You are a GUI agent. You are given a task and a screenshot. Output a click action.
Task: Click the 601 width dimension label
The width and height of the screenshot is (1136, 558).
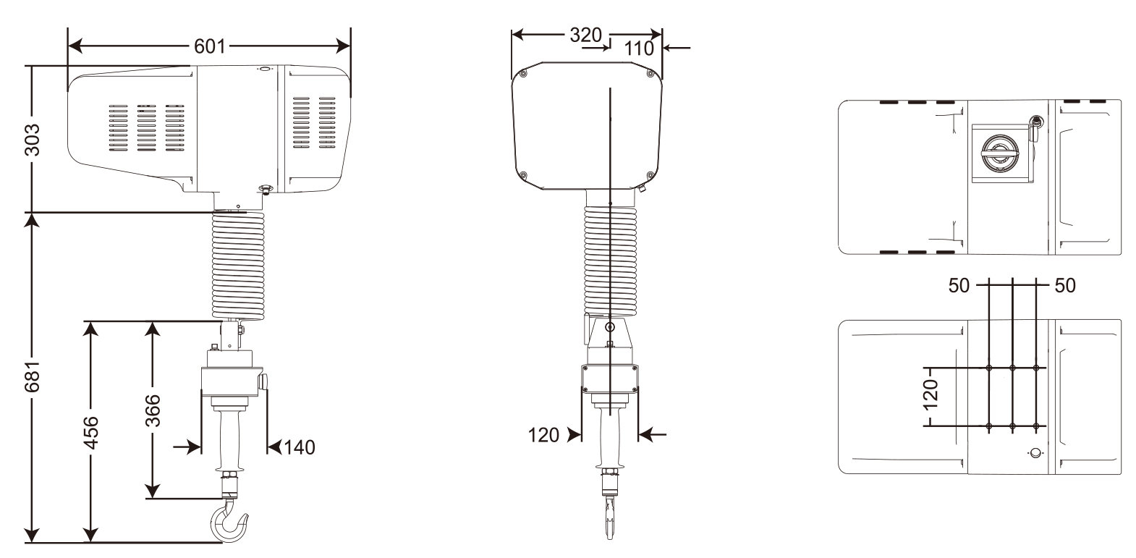point(209,46)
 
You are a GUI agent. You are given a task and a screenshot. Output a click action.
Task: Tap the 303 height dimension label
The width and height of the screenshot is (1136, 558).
point(33,140)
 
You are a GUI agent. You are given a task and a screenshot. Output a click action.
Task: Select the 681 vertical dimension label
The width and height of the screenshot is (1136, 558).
point(33,377)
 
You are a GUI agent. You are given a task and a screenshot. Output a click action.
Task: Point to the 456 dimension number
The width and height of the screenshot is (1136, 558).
point(90,433)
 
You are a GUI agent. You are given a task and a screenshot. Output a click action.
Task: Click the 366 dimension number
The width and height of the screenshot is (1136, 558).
point(153,410)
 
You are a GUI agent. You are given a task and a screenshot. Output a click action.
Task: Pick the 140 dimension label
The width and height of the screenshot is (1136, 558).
point(300,447)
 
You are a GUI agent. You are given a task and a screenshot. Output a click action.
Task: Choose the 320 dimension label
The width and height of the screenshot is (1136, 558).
point(586,35)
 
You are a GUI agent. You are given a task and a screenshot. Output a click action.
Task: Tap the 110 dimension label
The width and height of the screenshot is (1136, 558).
point(639,48)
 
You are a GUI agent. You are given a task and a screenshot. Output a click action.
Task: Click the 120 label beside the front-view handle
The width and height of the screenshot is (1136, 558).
point(543,435)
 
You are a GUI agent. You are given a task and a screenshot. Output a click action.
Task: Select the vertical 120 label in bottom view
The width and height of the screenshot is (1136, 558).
point(931,394)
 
